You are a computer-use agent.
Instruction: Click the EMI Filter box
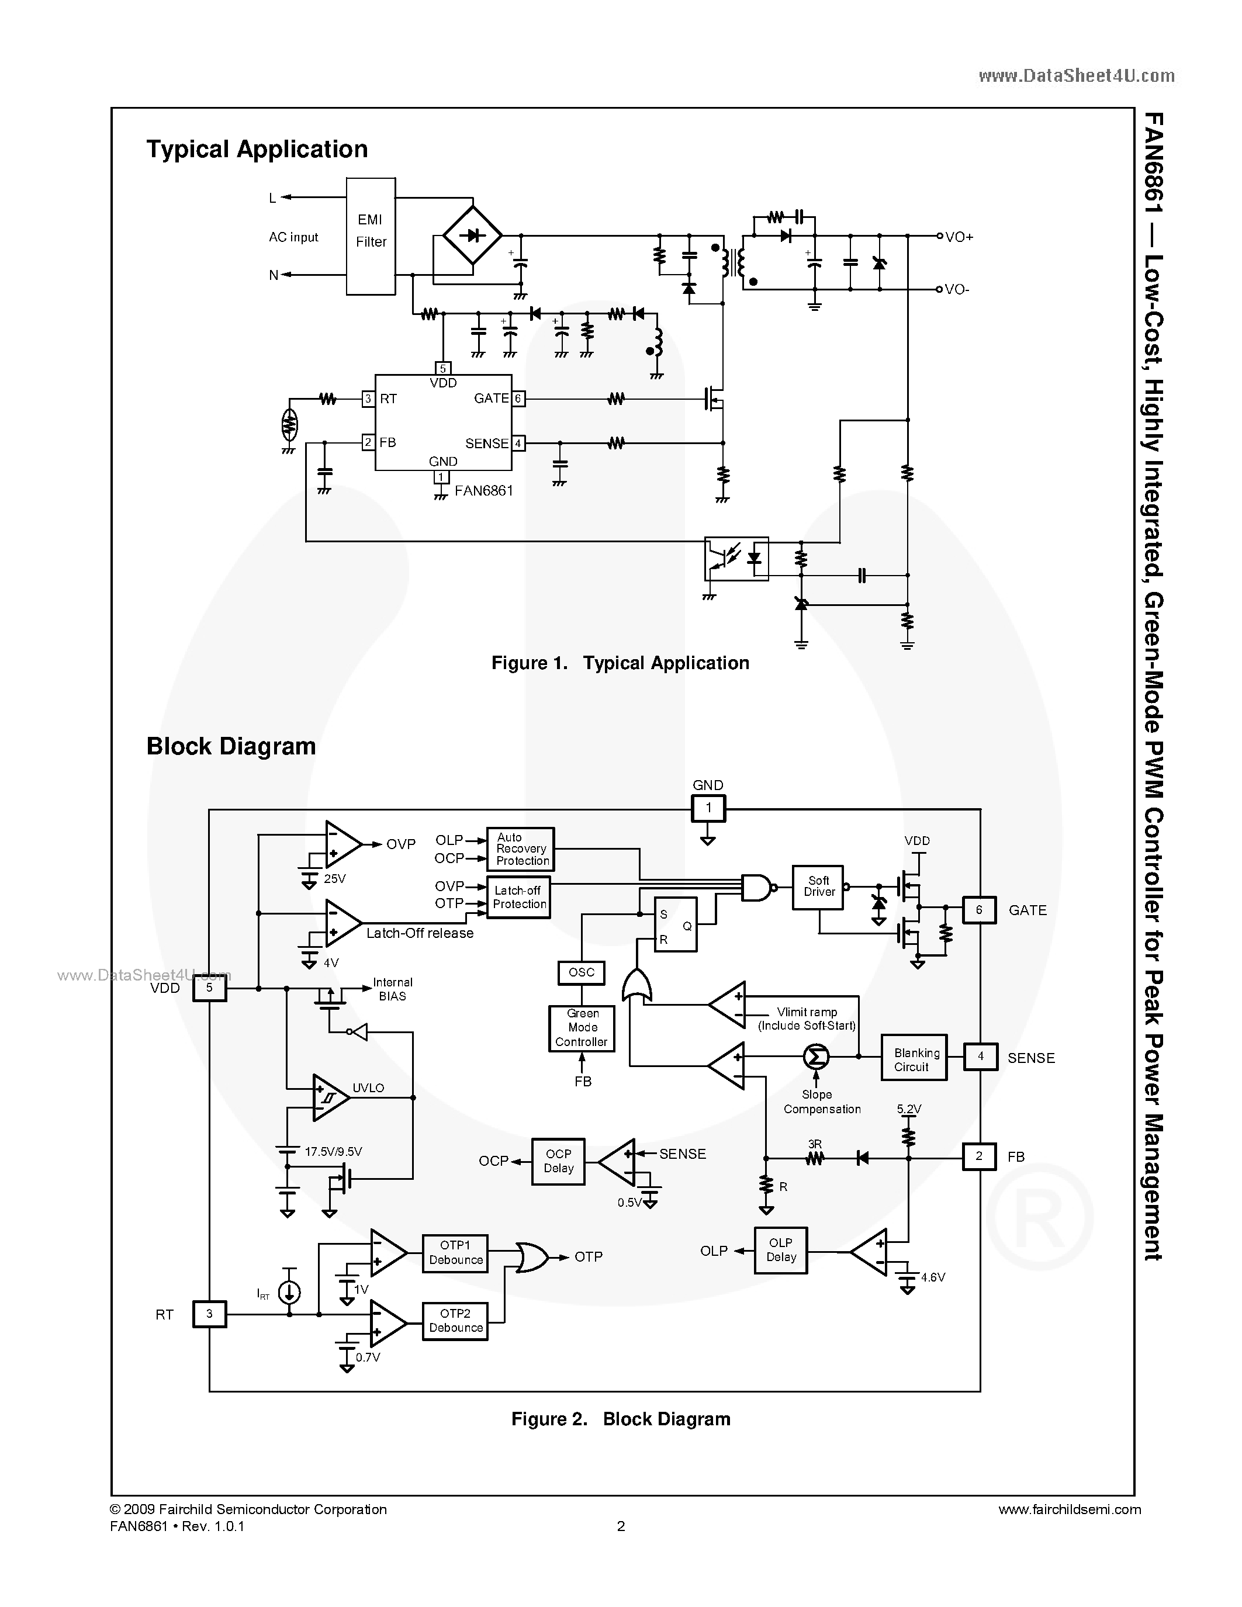[371, 236]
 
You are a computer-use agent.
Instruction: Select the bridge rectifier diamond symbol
[472, 236]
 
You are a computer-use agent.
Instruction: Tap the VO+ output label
[959, 237]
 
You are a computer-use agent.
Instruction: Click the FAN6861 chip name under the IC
[483, 491]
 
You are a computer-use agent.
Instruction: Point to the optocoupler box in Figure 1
[736, 559]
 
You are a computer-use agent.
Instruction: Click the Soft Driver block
[818, 886]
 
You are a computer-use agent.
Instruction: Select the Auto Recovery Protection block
[521, 849]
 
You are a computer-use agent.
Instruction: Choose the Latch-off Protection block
[519, 898]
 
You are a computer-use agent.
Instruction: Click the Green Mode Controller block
[582, 1028]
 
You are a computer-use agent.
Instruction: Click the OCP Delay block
[558, 1161]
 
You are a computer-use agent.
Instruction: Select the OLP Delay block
[781, 1249]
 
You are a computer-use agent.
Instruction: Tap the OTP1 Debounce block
[455, 1252]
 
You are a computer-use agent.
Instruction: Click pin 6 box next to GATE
[978, 910]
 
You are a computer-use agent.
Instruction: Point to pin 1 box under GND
[708, 808]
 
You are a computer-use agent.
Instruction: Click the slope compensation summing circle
[815, 1057]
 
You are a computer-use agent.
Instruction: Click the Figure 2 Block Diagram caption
[620, 1419]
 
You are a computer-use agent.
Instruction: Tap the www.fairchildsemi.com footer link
[1069, 1509]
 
